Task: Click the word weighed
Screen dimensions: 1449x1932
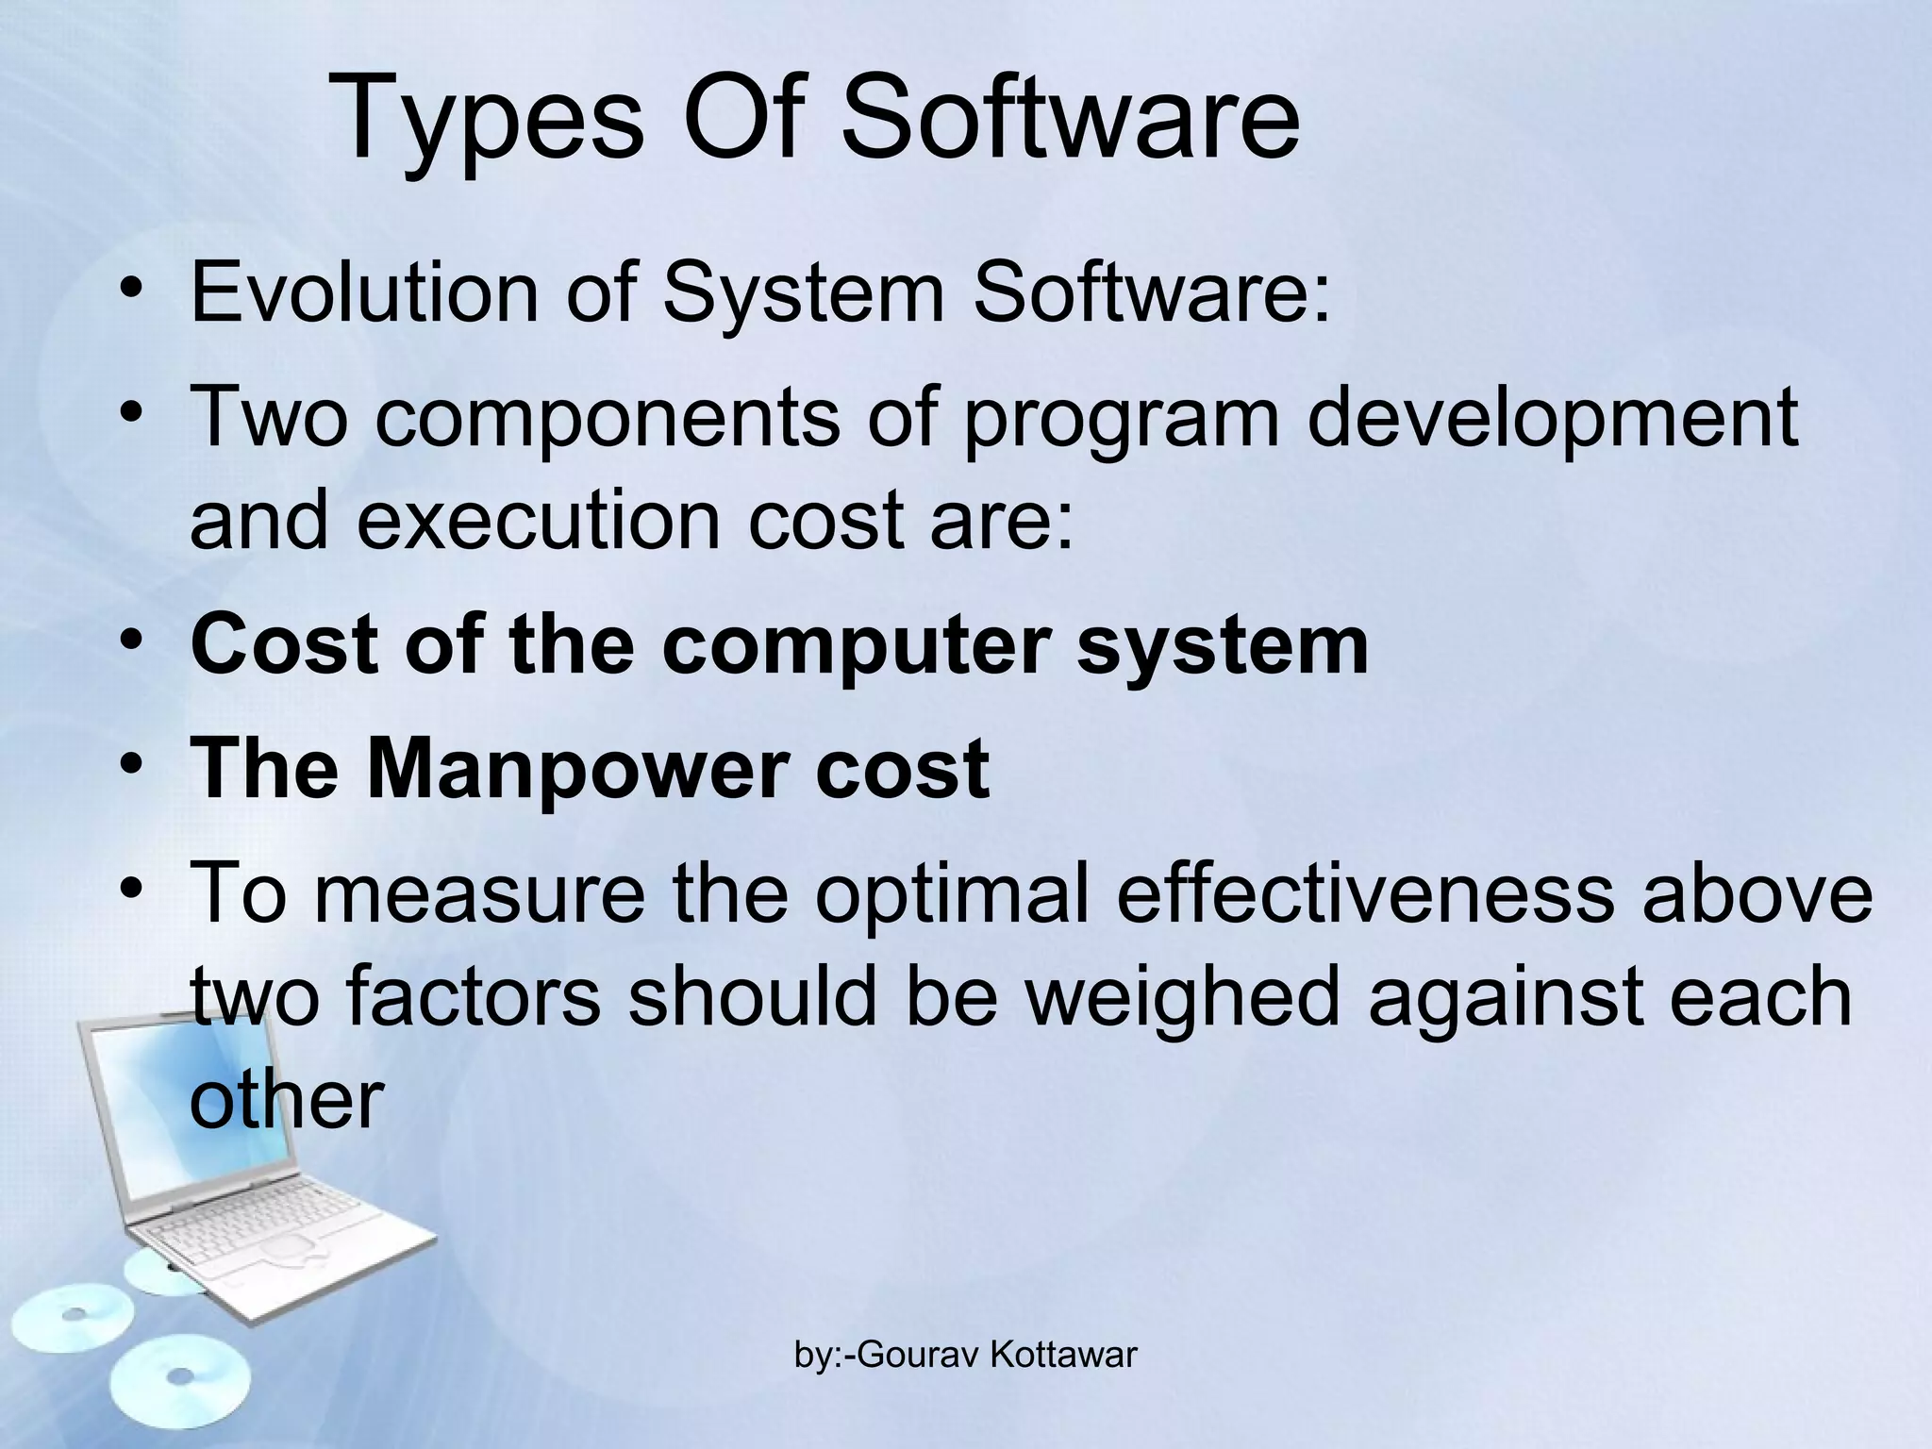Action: pyautogui.click(x=1182, y=998)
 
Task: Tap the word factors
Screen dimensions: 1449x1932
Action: pyautogui.click(x=472, y=998)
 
